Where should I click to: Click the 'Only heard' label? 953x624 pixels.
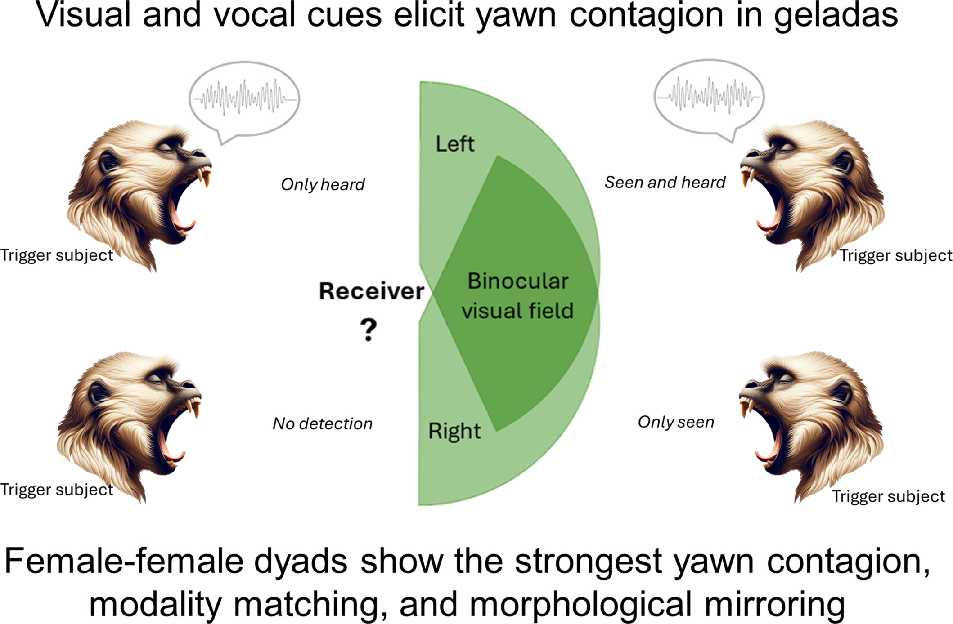click(323, 184)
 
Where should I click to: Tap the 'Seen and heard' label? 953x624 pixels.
click(665, 182)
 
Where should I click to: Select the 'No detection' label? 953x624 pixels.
click(323, 423)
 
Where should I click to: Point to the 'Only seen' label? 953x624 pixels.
click(676, 422)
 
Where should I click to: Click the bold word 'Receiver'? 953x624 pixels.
click(371, 291)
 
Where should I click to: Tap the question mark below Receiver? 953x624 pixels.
click(369, 330)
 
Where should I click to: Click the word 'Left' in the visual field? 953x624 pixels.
click(455, 144)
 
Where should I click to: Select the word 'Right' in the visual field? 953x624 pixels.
click(454, 431)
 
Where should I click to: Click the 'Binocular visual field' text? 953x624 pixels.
click(517, 296)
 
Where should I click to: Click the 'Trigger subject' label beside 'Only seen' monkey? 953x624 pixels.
click(888, 496)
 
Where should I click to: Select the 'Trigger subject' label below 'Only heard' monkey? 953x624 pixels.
click(57, 255)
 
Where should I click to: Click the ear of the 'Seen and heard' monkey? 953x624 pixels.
click(843, 162)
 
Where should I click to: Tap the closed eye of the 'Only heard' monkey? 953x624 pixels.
click(163, 147)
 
